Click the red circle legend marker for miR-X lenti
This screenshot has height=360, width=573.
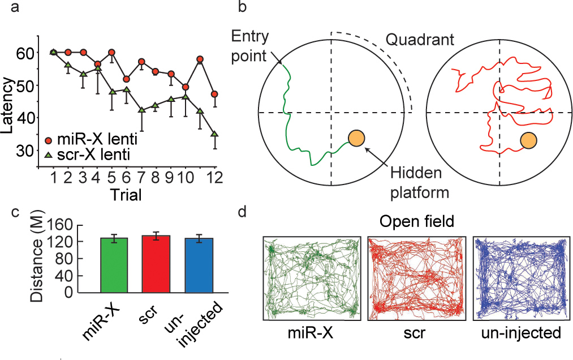(50, 139)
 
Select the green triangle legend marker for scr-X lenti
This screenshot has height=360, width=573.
(50, 154)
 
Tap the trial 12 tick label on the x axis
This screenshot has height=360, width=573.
(214, 179)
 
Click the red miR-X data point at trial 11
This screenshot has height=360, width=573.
(200, 59)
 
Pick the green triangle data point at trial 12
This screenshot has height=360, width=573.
(214, 134)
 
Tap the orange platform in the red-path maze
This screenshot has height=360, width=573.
(528, 140)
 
